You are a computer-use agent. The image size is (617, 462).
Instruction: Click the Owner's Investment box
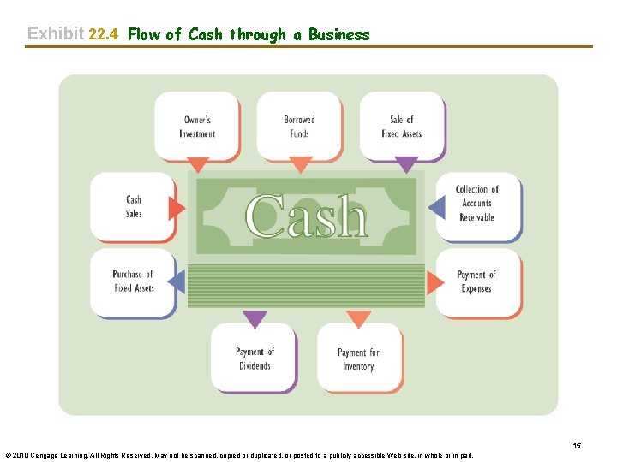197,127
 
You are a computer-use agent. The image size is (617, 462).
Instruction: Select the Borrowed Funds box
299,127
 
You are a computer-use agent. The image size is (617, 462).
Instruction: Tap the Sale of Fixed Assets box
401,127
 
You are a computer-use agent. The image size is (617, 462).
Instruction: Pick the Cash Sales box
134,207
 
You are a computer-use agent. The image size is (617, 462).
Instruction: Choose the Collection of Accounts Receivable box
476,204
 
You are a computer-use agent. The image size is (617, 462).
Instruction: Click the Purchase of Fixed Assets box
133,281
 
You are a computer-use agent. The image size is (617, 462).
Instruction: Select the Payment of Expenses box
476,281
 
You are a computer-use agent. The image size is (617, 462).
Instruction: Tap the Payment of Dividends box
255,358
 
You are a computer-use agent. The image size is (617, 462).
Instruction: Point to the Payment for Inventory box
358,358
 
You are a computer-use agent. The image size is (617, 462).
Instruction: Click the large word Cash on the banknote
306,216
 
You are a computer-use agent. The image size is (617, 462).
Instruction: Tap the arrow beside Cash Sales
177,208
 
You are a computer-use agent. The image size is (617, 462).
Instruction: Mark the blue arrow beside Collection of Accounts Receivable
436,206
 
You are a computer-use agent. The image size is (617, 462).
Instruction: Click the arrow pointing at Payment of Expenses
436,281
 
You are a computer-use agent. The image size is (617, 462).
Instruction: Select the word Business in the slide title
338,34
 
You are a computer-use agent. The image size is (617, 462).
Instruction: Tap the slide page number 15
577,446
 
